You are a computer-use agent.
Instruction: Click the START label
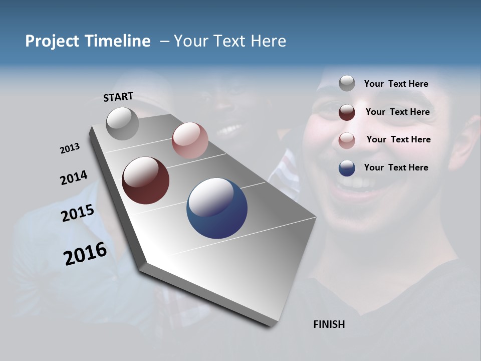(118, 97)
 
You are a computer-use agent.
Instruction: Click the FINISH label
(329, 324)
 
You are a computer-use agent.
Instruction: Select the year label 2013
(70, 148)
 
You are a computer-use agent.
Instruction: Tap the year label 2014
(74, 177)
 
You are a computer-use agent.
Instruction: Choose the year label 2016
(85, 254)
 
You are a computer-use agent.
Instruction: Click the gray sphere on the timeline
(123, 123)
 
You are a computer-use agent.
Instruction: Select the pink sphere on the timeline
(190, 140)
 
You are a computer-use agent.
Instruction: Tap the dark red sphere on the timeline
(145, 180)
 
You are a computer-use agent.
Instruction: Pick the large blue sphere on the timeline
(217, 208)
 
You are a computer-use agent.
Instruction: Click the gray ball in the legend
(347, 83)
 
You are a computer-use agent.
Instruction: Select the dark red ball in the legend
(347, 112)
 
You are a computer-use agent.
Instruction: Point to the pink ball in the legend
(347, 140)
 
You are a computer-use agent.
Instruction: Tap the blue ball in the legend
(347, 168)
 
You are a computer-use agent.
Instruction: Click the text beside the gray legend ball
(396, 84)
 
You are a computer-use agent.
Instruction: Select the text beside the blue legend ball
(396, 167)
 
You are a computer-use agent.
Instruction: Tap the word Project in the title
(52, 41)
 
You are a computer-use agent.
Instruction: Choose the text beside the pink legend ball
(398, 139)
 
